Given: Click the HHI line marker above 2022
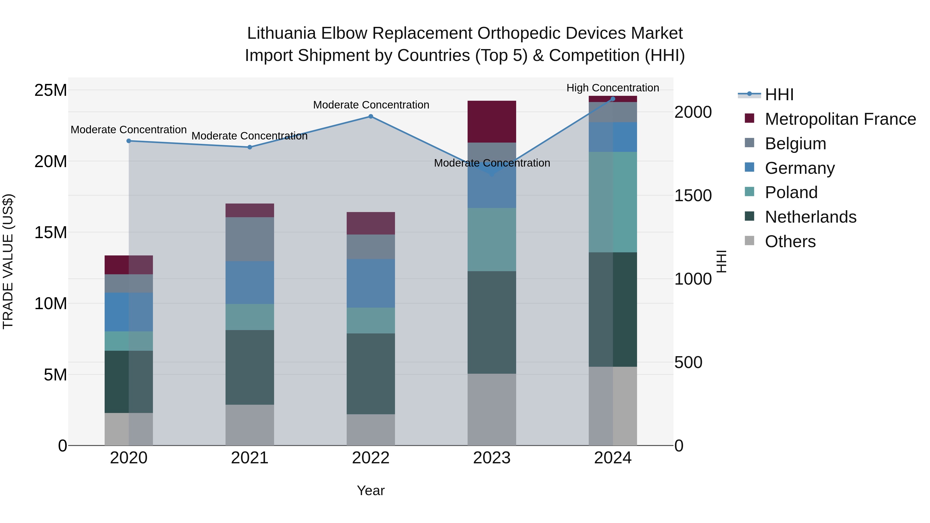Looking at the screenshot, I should (370, 116).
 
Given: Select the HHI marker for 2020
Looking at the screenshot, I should (129, 141).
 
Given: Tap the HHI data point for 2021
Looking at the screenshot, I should (250, 147).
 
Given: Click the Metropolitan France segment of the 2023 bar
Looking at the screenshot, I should (491, 122).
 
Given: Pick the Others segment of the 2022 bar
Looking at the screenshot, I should (370, 430).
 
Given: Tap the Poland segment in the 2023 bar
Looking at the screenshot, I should (491, 239).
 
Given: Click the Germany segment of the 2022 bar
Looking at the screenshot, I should (370, 283).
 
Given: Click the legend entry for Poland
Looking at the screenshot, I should (791, 192).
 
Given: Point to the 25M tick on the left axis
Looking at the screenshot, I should (51, 90).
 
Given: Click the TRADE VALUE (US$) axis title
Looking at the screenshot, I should (8, 261).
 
